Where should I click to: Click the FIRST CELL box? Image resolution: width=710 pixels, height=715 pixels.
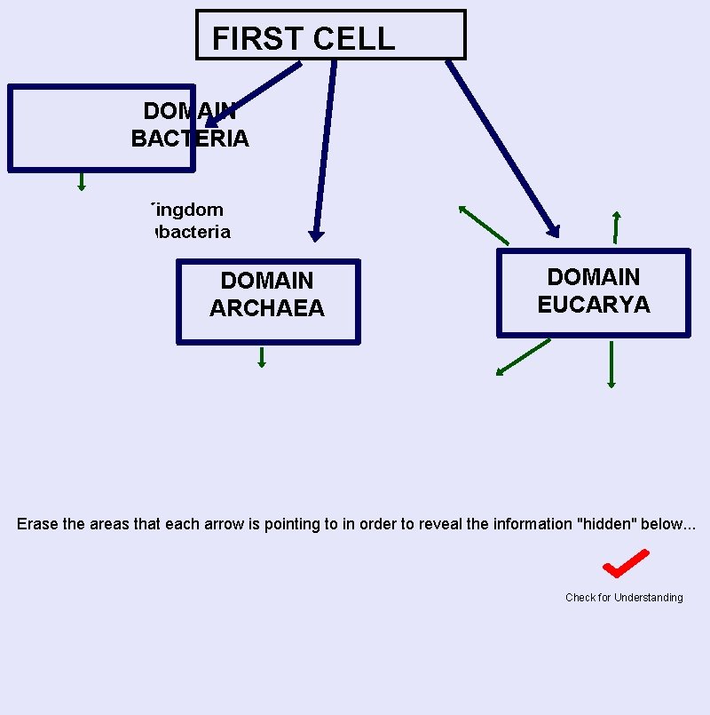click(x=330, y=36)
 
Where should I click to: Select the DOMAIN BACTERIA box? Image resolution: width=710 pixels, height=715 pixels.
click(x=100, y=128)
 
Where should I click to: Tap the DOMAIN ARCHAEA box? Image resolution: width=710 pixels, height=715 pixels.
click(x=267, y=301)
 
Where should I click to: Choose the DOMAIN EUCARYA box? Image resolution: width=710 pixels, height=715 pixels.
click(x=593, y=292)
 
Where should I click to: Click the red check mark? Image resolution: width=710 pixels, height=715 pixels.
click(x=626, y=563)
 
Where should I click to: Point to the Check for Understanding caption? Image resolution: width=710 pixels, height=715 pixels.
click(x=624, y=598)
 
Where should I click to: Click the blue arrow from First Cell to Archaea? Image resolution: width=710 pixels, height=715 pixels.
click(x=324, y=151)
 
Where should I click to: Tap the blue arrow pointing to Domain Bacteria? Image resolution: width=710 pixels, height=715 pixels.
click(x=254, y=93)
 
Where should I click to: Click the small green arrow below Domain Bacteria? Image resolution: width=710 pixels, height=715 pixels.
click(x=82, y=182)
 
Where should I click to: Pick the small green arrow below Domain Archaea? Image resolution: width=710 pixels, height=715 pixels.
click(x=262, y=357)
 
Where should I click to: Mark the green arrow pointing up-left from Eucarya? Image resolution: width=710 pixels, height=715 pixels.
click(x=483, y=225)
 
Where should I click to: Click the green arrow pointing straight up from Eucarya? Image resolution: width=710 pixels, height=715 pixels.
click(x=616, y=227)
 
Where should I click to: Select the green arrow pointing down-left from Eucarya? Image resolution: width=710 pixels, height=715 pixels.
click(x=523, y=357)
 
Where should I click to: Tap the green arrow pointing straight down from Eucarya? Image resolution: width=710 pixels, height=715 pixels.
click(x=611, y=364)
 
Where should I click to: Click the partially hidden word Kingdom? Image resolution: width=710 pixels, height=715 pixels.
click(x=186, y=210)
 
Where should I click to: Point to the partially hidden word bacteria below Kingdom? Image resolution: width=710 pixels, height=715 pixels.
click(x=192, y=232)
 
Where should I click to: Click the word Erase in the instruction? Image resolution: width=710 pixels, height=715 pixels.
click(x=36, y=524)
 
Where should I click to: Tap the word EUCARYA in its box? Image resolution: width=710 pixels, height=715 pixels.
click(x=593, y=305)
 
